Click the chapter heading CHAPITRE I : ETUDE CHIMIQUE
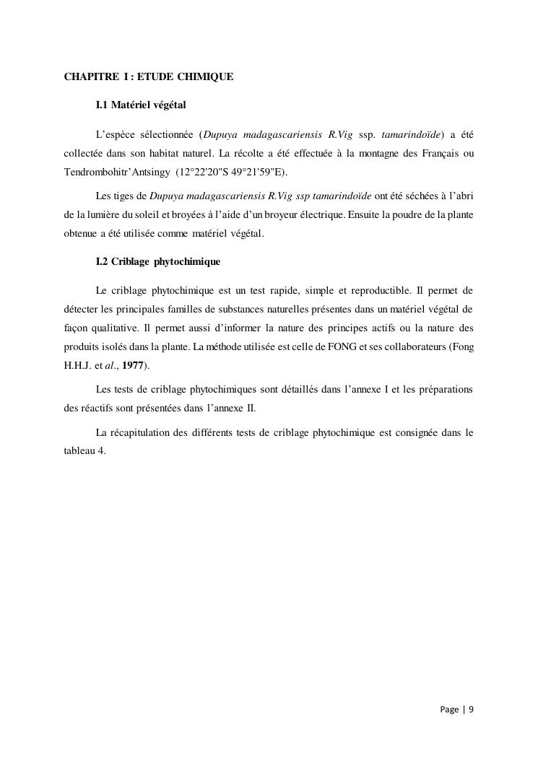click(x=149, y=76)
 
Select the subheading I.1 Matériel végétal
click(x=141, y=105)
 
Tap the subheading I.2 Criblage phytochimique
click(x=158, y=261)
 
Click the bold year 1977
click(x=134, y=365)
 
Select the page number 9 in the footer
click(x=471, y=709)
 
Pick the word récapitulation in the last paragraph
click(x=138, y=433)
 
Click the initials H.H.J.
click(x=77, y=365)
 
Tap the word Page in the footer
click(x=449, y=709)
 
